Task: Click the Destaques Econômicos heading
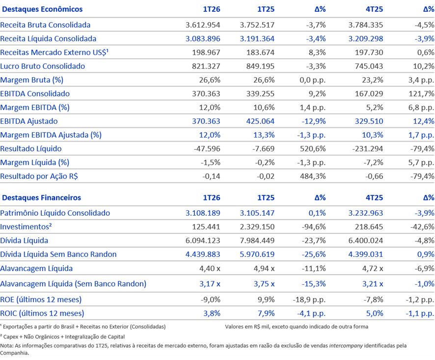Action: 42,9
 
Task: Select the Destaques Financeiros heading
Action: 41,197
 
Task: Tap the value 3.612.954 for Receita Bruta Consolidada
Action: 203,25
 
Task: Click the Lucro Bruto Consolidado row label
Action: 42,66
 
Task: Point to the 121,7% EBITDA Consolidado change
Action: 421,94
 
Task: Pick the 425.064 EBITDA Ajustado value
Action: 260,121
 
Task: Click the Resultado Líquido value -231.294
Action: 368,149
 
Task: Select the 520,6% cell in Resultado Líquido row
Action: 313,149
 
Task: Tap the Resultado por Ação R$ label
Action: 39,176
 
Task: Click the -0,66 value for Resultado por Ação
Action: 374,176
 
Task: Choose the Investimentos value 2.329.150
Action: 257,227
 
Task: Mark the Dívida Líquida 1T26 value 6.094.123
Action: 203,240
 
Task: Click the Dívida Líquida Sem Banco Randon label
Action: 58,254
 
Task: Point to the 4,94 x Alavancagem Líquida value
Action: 264,269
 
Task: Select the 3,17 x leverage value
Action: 210,284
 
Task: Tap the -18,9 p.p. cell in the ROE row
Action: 309,300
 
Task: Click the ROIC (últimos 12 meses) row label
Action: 42,313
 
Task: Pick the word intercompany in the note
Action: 346,346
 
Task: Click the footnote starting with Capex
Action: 62,337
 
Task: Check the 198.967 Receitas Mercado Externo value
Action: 206,53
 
